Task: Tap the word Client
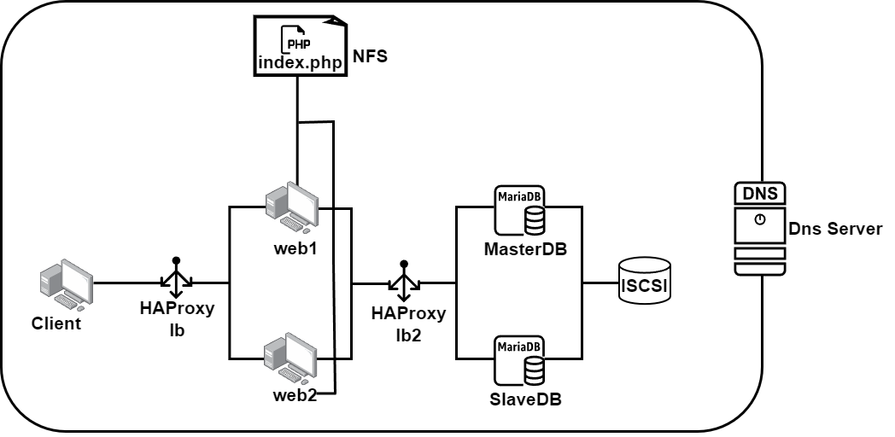coord(56,323)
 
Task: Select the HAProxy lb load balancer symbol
coord(177,277)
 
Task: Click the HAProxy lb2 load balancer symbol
coord(404,281)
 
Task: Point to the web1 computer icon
coord(292,207)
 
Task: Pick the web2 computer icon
coord(290,358)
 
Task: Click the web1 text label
coord(295,248)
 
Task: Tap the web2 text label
coord(295,395)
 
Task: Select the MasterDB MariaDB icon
coord(519,211)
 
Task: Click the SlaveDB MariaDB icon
coord(519,360)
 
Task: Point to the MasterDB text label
coord(525,248)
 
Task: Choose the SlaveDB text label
coord(525,399)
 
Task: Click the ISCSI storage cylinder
coord(645,280)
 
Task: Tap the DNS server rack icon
coord(760,229)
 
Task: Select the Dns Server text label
coord(835,229)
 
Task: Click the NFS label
coord(370,56)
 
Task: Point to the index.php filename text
coord(301,62)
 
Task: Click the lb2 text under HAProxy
coord(408,335)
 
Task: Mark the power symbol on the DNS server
coord(760,219)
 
